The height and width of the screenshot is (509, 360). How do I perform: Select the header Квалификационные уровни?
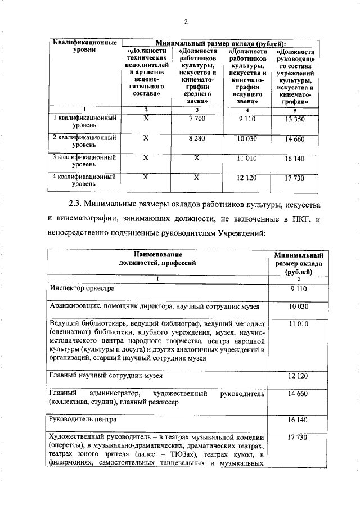tap(84, 46)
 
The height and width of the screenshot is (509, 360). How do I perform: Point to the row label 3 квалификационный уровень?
tap(84, 162)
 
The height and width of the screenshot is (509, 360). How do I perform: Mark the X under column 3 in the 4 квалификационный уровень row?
tap(197, 178)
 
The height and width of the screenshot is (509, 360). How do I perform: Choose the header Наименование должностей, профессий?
tap(158, 258)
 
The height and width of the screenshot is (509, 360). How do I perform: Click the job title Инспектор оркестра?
tap(82, 289)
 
